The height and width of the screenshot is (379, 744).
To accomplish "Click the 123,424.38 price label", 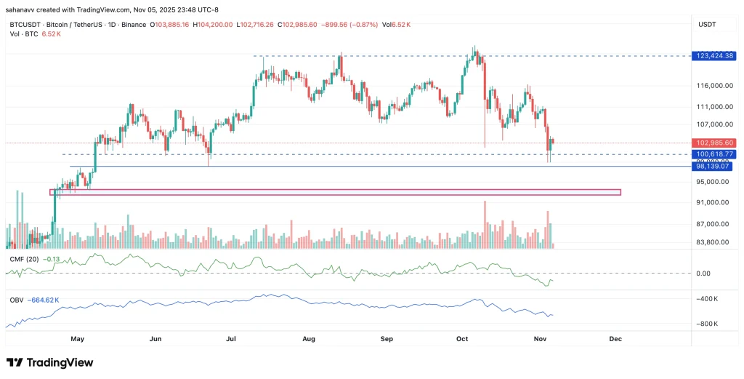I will (x=715, y=56).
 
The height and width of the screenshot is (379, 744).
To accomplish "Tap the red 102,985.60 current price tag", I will (x=715, y=143).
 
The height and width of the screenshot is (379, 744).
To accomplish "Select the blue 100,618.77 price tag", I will (x=715, y=154).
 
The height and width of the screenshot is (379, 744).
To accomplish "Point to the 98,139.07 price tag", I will (x=715, y=167).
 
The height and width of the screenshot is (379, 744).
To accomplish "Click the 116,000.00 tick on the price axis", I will (x=713, y=86).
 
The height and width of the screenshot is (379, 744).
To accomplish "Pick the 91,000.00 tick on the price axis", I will (x=713, y=203).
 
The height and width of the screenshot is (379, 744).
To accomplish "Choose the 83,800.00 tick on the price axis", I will (x=713, y=242).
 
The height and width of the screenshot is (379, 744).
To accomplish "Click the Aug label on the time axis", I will (x=309, y=339).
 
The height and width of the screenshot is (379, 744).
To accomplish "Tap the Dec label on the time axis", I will (x=615, y=339).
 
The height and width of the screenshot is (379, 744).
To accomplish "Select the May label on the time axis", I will (x=78, y=339).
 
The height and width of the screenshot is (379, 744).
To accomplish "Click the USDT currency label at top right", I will (x=707, y=24).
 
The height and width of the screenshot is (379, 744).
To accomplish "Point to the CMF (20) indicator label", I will (x=23, y=258).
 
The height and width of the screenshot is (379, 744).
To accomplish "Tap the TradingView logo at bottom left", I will (x=49, y=362).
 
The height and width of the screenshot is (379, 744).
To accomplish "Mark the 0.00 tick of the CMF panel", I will (x=703, y=274).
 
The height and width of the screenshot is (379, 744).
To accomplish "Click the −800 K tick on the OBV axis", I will (x=707, y=324).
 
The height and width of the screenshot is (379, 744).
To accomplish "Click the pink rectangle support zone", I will (x=334, y=192).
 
